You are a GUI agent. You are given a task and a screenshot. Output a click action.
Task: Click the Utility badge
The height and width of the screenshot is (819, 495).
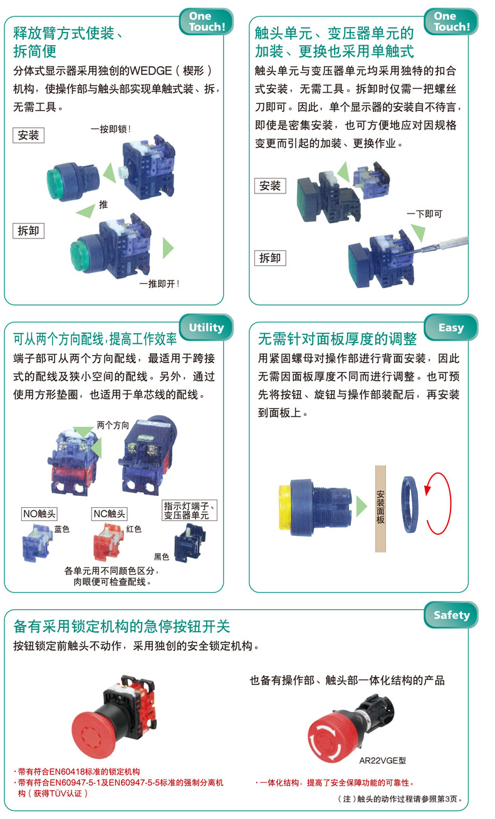tap(206, 327)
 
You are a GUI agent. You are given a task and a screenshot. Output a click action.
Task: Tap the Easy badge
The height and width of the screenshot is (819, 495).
tap(451, 327)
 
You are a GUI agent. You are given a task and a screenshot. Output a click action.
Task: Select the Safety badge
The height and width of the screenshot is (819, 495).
tap(452, 615)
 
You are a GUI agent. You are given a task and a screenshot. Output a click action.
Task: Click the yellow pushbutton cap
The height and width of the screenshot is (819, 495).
tap(284, 507)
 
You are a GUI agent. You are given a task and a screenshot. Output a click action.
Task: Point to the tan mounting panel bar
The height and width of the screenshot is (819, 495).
tap(380, 508)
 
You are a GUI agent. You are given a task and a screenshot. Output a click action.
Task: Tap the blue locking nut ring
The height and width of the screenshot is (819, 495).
tap(409, 504)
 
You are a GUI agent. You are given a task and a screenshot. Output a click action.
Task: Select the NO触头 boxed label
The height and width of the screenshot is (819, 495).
tap(39, 513)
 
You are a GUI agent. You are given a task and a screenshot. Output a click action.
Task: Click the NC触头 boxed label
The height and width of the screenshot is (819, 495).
tap(110, 513)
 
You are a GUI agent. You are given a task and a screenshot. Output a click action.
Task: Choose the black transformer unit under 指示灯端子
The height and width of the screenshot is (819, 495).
tap(190, 543)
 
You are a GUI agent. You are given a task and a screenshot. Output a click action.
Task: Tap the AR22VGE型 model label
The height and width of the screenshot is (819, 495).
tap(383, 761)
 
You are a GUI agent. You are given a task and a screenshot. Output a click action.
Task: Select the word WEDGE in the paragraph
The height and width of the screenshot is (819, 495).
tap(151, 71)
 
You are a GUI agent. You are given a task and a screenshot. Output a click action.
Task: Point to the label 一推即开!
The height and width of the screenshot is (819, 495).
tap(159, 284)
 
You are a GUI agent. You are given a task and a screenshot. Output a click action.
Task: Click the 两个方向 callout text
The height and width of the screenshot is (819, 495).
tap(113, 425)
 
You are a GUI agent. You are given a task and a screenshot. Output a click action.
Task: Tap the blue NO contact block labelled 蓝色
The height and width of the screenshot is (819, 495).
tap(36, 543)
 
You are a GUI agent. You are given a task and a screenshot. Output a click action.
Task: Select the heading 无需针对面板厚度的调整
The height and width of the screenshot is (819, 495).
tap(337, 339)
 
